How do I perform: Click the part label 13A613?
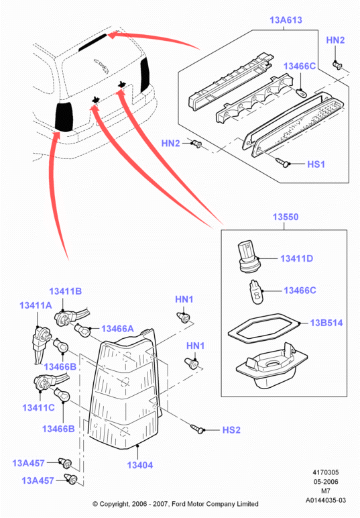point(286,20)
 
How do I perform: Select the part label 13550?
point(286,217)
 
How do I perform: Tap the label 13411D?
point(296,258)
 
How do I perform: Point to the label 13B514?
point(326,323)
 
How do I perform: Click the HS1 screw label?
point(316,164)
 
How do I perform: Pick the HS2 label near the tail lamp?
point(231,430)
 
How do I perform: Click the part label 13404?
point(140,465)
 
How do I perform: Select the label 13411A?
point(36,305)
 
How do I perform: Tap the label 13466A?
point(117,329)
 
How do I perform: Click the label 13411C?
point(38,408)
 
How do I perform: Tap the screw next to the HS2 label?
point(197,429)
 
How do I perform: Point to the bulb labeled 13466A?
point(83,330)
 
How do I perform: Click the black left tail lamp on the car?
point(64,116)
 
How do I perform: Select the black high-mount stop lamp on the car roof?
point(93,43)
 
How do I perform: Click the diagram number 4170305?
point(326,472)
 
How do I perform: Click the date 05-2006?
point(326,482)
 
